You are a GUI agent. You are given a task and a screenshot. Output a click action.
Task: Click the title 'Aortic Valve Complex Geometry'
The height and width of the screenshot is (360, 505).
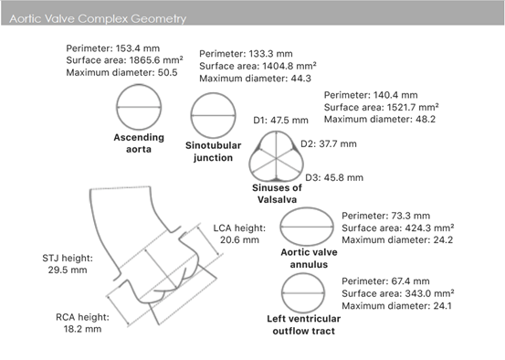[98, 18]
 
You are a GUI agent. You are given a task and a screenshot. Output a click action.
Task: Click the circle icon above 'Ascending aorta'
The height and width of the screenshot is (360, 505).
[139, 85]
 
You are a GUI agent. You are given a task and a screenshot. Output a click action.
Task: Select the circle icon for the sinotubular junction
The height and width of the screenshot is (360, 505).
[213, 93]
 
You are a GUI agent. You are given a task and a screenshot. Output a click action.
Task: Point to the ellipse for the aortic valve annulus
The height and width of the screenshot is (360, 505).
[307, 208]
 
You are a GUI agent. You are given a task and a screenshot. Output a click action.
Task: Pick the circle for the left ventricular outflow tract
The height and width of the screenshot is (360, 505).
[303, 274]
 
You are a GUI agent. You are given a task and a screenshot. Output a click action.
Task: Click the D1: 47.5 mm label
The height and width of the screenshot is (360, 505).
[280, 121]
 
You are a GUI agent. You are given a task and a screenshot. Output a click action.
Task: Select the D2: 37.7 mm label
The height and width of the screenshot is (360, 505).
[329, 143]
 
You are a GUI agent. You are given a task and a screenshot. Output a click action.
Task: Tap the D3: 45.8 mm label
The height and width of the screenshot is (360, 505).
[334, 177]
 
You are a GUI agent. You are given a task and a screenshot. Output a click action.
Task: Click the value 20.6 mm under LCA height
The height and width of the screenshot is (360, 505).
[239, 239]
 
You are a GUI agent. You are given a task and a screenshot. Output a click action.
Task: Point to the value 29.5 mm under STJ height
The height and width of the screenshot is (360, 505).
[68, 270]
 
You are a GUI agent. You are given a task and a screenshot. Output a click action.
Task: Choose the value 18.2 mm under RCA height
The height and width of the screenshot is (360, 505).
[82, 329]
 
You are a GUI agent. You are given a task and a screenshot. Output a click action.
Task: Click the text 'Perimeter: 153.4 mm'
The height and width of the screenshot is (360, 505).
[112, 48]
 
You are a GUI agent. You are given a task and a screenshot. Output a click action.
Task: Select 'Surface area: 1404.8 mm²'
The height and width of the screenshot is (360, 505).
[258, 66]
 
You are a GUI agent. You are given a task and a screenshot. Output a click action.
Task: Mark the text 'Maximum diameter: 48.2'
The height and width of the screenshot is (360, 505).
[380, 120]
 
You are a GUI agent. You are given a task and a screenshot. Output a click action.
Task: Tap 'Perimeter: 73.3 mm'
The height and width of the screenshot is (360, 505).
[386, 216]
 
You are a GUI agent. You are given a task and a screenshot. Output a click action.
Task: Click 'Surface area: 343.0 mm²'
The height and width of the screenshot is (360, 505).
[398, 293]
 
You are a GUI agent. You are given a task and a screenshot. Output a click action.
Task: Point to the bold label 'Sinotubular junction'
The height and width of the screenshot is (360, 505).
[213, 152]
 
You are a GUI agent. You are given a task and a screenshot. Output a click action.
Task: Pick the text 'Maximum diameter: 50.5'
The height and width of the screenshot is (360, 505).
[121, 72]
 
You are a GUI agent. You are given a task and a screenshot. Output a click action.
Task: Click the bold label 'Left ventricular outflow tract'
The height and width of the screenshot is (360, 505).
[304, 325]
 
